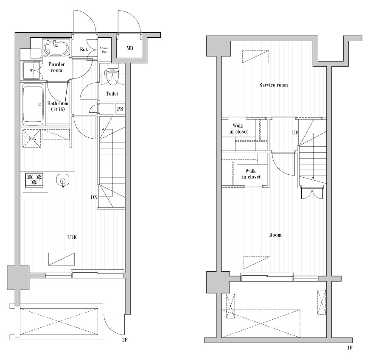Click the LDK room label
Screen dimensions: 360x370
coord(72,237)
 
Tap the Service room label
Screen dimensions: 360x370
coord(273,85)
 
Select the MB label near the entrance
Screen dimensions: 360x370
coord(129,48)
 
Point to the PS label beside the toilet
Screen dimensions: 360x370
coord(120,109)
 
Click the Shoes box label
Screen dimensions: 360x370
coord(104,50)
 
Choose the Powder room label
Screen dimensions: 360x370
coord(56,67)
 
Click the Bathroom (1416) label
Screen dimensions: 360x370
coord(58,106)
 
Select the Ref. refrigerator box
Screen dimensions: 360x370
coord(32,139)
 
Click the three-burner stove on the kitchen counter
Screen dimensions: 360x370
coord(34,180)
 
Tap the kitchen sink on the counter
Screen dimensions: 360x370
coord(63,180)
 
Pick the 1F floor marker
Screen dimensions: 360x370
coord(349,348)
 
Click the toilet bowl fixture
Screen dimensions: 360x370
coord(112,76)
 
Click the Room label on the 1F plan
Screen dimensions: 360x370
coord(275,235)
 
